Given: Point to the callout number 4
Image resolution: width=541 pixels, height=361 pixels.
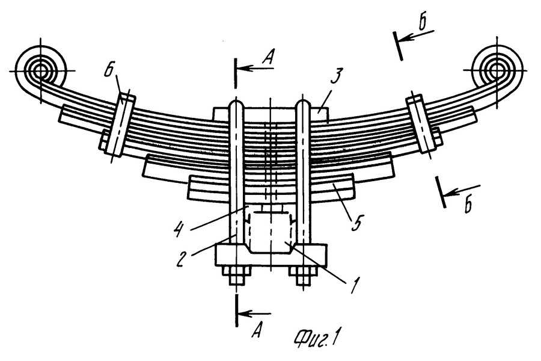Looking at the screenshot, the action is tap(178, 230).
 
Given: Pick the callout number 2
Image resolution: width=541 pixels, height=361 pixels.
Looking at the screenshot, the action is tap(180, 260).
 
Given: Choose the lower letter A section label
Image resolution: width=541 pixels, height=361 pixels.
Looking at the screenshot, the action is tap(256, 331).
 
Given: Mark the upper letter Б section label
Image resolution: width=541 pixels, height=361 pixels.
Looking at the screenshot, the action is tap(422, 23).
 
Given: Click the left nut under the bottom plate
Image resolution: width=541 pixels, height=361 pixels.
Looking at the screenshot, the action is tap(237, 276).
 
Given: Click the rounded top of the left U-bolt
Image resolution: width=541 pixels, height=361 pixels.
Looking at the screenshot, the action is tap(236, 103).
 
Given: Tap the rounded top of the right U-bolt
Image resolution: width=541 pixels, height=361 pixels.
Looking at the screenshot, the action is tap(304, 103).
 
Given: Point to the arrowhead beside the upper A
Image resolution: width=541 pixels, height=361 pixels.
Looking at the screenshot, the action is tap(242, 68).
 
